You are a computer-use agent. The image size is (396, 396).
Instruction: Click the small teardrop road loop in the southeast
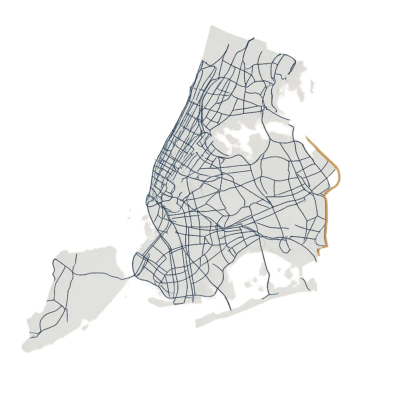click(x=285, y=245)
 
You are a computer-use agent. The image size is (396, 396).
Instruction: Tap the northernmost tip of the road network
click(x=253, y=38)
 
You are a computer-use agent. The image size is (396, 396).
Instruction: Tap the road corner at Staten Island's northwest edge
click(x=55, y=260)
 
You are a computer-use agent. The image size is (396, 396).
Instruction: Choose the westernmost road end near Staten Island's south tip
click(x=31, y=332)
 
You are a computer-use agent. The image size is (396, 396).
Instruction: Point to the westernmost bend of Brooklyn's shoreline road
click(x=133, y=263)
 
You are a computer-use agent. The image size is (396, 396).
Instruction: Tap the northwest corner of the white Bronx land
click(x=209, y=27)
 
